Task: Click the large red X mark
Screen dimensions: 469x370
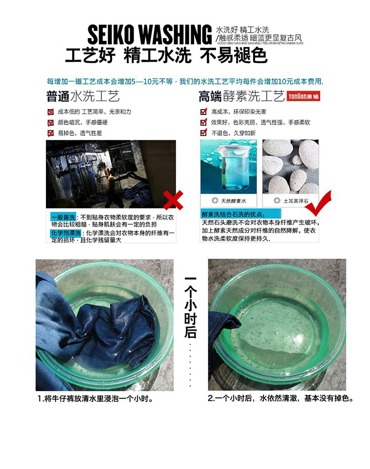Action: (173, 200)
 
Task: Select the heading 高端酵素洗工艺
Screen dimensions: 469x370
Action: (241, 96)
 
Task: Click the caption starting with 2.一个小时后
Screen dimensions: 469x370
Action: (280, 398)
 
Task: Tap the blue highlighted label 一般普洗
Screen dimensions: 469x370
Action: (63, 217)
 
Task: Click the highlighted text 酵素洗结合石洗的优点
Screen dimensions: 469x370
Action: (233, 215)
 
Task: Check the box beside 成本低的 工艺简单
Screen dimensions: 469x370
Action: (50, 112)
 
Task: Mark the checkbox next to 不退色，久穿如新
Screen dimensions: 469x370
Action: (203, 133)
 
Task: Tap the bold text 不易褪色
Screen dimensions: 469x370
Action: (233, 56)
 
